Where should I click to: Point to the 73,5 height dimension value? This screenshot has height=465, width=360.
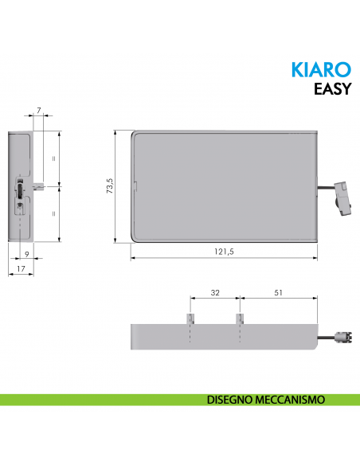(x=111, y=186)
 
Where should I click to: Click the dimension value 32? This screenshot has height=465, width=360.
(x=215, y=293)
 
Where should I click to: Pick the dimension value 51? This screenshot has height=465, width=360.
(x=279, y=293)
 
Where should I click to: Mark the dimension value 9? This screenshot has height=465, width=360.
(x=27, y=254)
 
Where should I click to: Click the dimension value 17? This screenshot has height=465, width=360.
(x=22, y=270)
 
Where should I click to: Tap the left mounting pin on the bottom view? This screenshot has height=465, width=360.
(x=191, y=318)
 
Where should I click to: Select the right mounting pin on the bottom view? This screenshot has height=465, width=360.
(x=239, y=318)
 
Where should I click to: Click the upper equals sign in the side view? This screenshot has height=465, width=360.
(x=53, y=158)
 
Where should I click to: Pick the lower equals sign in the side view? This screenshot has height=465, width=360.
(x=53, y=213)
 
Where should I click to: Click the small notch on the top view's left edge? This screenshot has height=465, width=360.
(x=134, y=188)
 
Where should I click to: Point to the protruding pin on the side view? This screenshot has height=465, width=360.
(x=38, y=186)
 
